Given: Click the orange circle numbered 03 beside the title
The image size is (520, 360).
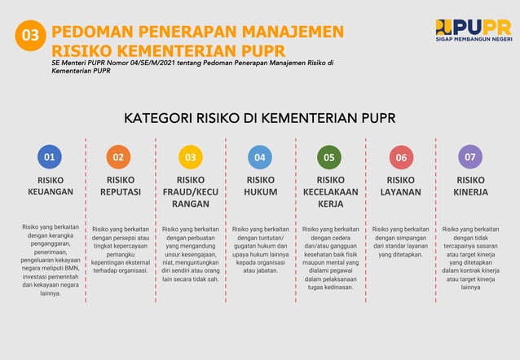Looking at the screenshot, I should point(30,36).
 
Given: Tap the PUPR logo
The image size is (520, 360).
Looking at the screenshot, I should point(474,30).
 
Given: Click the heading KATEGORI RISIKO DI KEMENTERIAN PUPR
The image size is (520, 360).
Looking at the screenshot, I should point(260,118).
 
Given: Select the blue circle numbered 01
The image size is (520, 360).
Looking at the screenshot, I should point(50,156).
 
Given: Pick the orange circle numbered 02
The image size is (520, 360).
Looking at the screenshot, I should point(119,156).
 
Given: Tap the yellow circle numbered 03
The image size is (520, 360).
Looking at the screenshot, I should point(190,156).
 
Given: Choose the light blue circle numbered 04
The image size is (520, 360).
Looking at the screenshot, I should point(260,156).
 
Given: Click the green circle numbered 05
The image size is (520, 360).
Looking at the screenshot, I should point(329,156).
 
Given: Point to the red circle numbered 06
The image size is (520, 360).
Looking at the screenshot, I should point(400,156).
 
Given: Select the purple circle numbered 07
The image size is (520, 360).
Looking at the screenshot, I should point(470,156).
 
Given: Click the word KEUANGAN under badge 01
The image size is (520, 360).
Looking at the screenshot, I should point(51,192).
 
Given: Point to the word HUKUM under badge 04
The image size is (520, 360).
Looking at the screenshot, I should point(261,192).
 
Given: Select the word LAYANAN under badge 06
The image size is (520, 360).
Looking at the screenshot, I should point(401,192).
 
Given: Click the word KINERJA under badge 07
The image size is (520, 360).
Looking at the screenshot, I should point(470,192).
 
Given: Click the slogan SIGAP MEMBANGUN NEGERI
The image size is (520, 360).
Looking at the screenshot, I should point(474,39).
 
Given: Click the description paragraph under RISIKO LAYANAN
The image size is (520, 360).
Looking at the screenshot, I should point(400,242).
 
